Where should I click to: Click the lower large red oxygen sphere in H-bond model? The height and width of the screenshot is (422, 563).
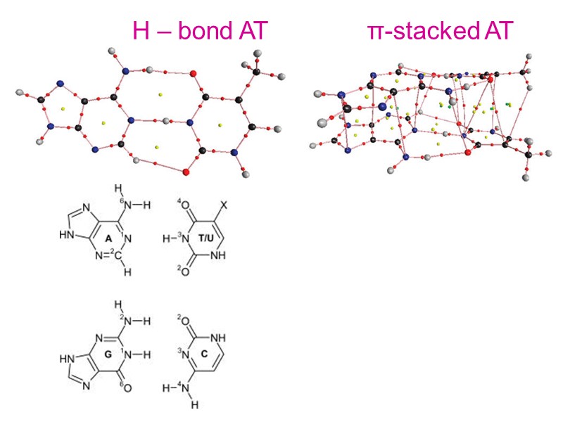coord(186,171)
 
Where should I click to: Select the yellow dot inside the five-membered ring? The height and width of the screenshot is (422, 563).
coord(63,108)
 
